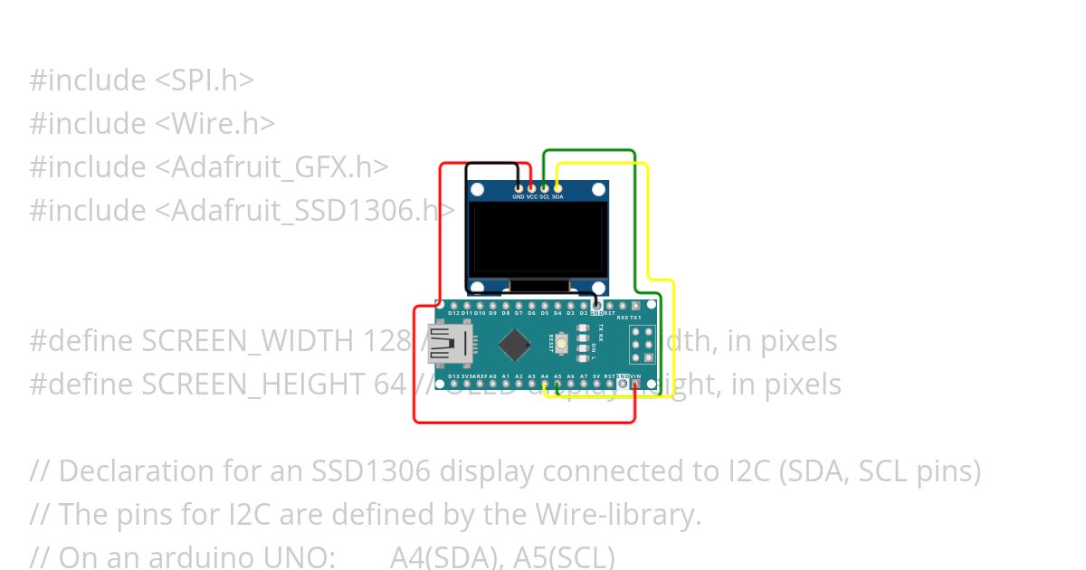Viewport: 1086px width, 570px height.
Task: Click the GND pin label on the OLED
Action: tap(519, 196)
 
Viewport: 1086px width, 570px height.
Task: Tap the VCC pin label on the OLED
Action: tap(532, 196)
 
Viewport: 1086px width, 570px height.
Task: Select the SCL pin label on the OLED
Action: tap(545, 196)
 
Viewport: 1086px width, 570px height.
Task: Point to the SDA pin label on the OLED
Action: tap(557, 196)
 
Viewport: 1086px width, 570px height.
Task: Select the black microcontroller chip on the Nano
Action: tap(515, 344)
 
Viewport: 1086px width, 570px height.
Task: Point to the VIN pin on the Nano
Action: tap(636, 385)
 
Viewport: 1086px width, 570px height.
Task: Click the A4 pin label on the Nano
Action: tap(545, 375)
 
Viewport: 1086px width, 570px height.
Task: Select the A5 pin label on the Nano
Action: tap(557, 375)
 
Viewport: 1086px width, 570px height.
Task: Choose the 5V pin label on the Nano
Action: tap(596, 375)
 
